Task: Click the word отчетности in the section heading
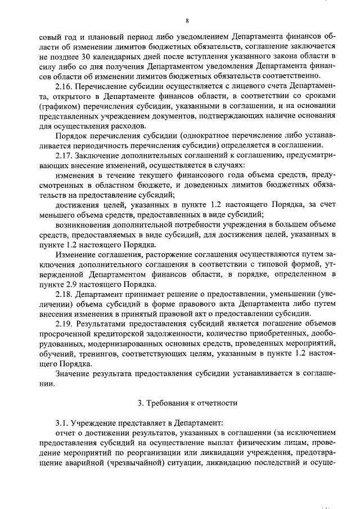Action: pyautogui.click(x=210, y=403)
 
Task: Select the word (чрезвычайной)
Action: pyautogui.click(x=135, y=462)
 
